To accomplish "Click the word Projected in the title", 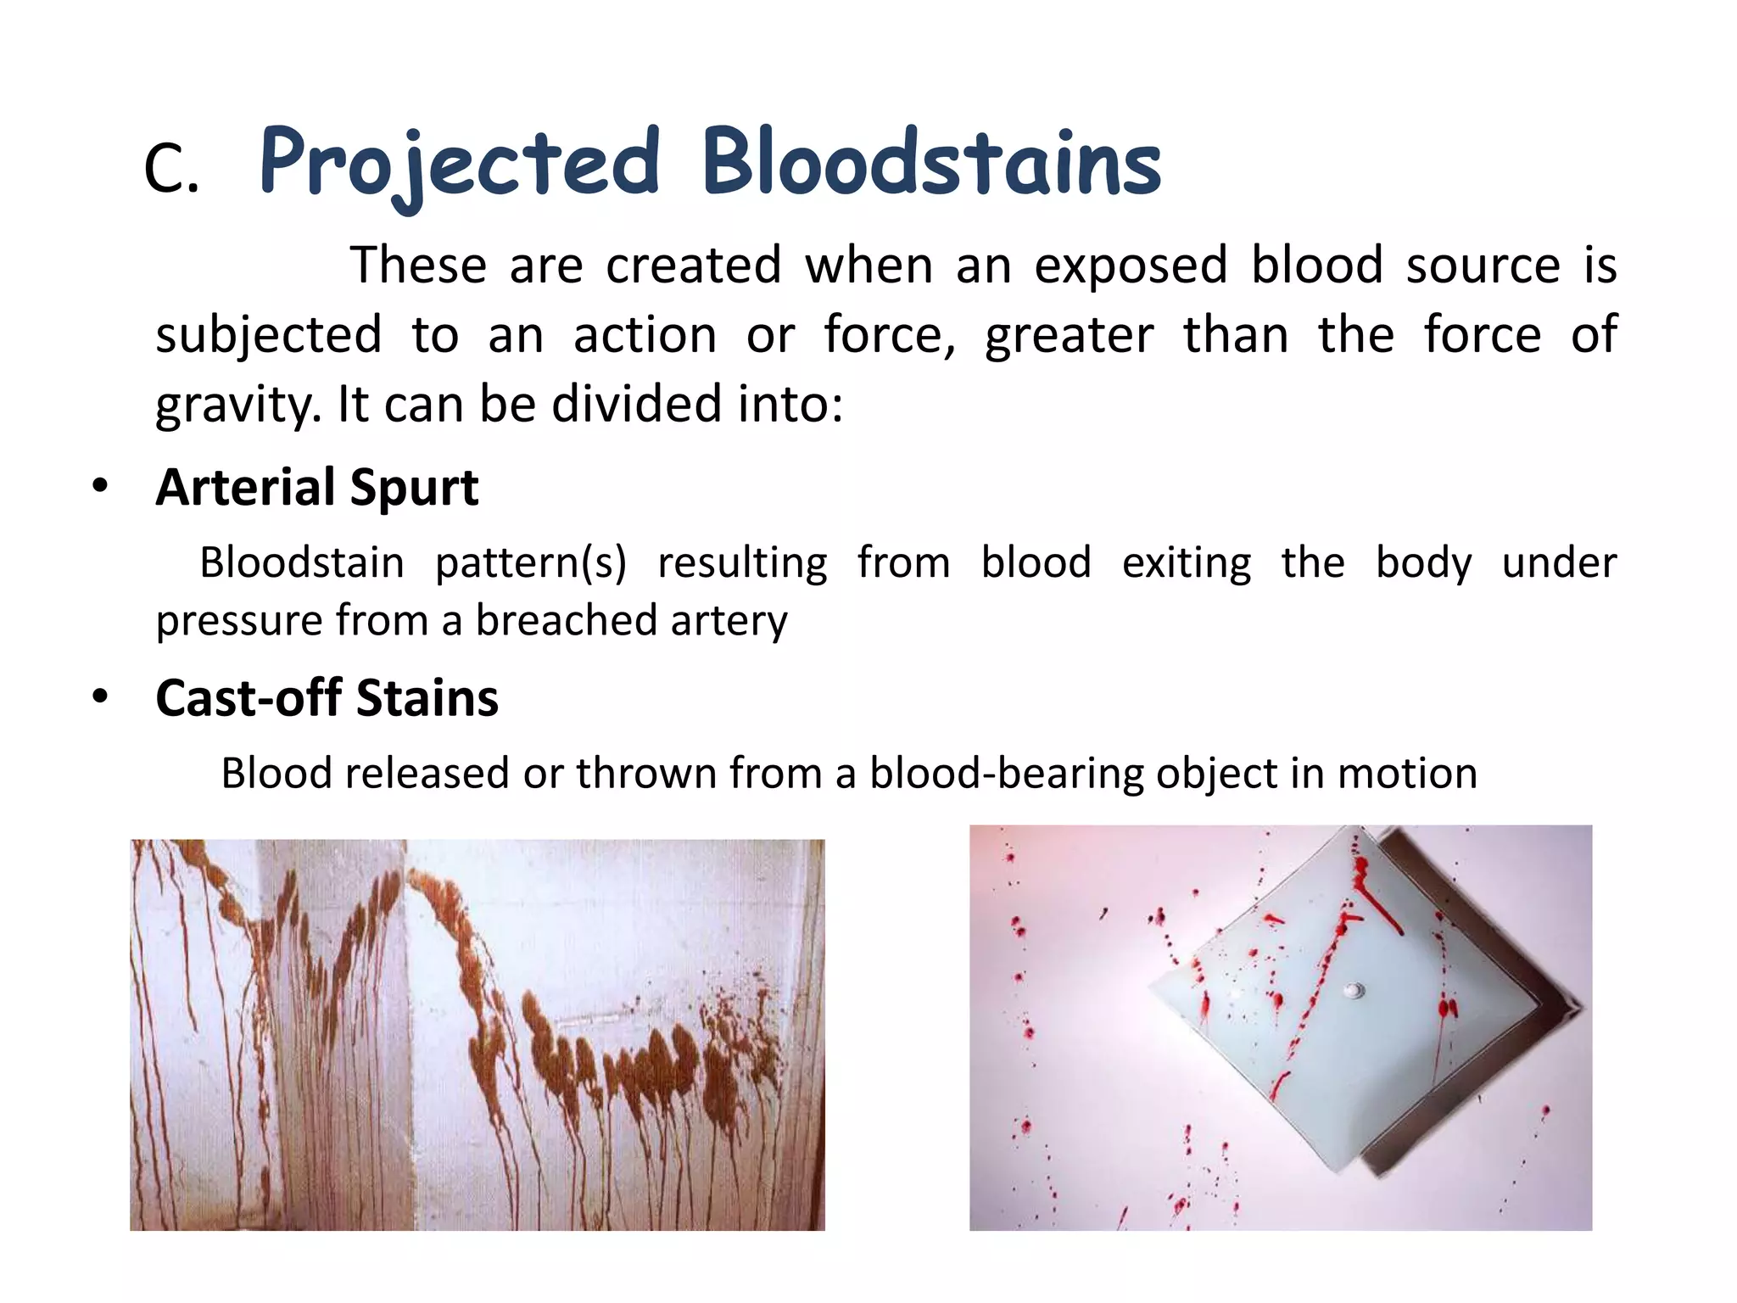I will [459, 163].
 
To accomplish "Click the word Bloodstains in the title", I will [930, 163].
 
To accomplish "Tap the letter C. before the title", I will [171, 170].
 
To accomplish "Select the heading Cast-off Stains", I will [327, 698].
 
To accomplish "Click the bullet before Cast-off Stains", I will [101, 698].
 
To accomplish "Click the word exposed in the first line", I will [1131, 266].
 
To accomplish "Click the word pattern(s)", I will [531, 563].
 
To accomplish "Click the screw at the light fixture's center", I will [1354, 990].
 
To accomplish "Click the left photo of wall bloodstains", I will [477, 1035].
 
